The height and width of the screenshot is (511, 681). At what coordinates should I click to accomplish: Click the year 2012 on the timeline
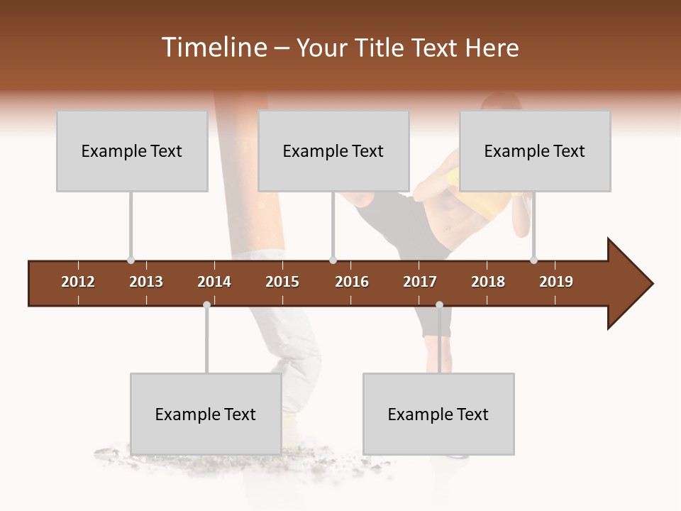pos(78,282)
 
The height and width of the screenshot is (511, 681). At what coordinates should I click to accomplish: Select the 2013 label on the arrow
pos(146,282)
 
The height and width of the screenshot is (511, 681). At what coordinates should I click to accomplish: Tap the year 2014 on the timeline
pos(214,282)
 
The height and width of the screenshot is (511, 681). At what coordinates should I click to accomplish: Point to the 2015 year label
pos(282,282)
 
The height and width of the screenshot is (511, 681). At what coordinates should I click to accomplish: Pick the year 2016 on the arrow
pos(352,282)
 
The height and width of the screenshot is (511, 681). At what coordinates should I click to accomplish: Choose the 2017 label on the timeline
pos(420,282)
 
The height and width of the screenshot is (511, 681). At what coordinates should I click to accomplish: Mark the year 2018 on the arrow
pos(488,282)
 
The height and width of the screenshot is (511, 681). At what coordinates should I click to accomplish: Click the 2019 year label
pos(556,282)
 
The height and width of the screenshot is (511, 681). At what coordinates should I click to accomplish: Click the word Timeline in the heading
pos(213,48)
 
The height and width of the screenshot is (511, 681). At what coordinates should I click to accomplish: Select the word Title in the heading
pos(382,48)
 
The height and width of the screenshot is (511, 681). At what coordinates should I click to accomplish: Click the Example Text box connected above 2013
pos(132,150)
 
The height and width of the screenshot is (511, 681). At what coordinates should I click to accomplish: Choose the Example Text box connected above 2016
pos(333,150)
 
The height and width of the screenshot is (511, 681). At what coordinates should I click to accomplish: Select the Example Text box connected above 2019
pos(535,150)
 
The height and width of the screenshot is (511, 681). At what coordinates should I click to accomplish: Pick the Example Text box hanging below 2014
pos(206,414)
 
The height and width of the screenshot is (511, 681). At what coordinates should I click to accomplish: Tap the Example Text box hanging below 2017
pos(438,414)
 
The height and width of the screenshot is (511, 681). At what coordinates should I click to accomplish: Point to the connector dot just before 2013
pos(131,260)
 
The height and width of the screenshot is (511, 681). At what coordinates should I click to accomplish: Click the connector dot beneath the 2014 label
pos(206,305)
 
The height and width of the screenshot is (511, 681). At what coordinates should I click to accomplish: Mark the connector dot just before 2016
pos(333,260)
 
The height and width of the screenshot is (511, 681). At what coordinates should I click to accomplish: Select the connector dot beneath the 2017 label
pos(439,305)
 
